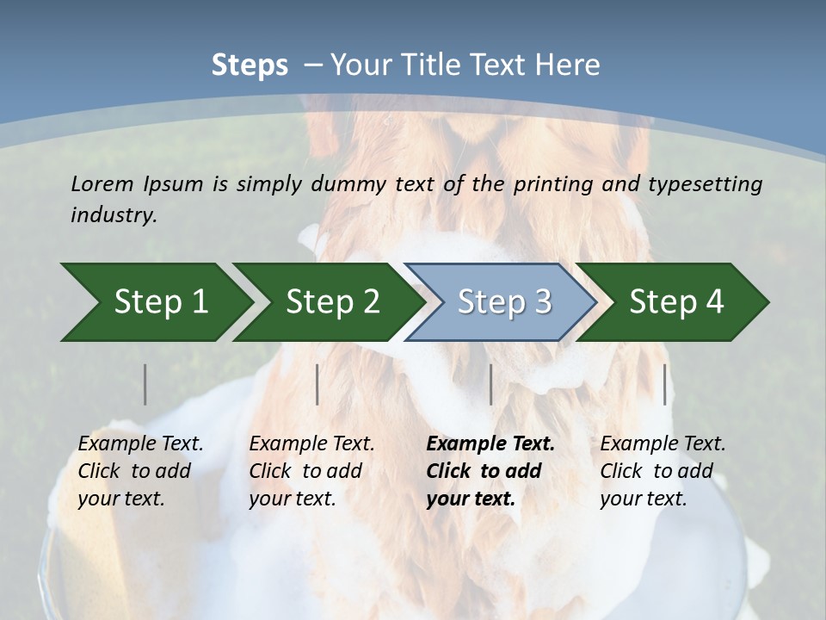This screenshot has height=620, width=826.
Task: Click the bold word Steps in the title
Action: click(x=250, y=65)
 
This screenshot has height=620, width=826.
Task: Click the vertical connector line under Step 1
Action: click(x=145, y=384)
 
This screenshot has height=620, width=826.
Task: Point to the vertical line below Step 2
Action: click(x=317, y=384)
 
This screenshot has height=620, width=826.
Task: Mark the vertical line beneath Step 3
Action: click(x=490, y=384)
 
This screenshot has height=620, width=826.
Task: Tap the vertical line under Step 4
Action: click(x=665, y=384)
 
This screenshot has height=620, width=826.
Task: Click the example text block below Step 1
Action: click(x=140, y=471)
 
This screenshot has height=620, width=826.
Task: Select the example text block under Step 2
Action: click(x=311, y=471)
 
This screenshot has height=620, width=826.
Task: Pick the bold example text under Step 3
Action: click(x=490, y=471)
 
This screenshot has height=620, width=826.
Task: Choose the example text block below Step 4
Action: click(x=663, y=471)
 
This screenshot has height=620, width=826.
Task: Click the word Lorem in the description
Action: click(x=102, y=184)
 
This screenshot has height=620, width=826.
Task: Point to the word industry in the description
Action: click(x=114, y=215)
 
